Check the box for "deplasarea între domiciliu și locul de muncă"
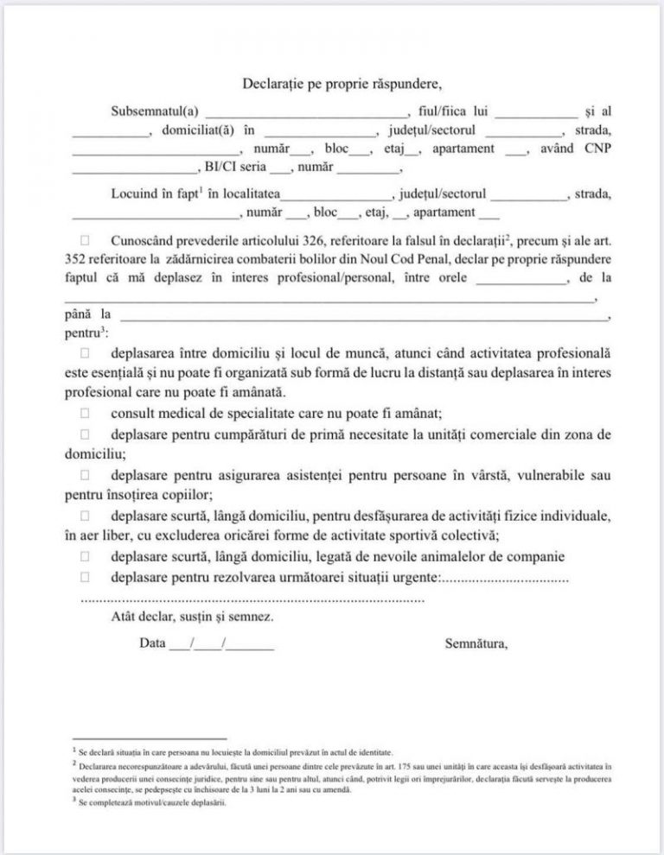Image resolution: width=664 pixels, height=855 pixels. (85, 353)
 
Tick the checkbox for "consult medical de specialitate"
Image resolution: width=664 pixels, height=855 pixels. (85, 413)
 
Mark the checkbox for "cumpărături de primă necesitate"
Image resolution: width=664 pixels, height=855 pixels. (85, 433)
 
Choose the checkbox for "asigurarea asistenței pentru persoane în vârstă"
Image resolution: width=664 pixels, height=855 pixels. (85, 474)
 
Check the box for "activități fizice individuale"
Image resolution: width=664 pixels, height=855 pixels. (85, 516)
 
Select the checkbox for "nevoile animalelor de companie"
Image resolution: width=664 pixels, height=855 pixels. (85, 555)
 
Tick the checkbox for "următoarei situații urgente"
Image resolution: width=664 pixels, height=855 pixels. (85, 576)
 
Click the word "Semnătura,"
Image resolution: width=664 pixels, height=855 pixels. (476, 643)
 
